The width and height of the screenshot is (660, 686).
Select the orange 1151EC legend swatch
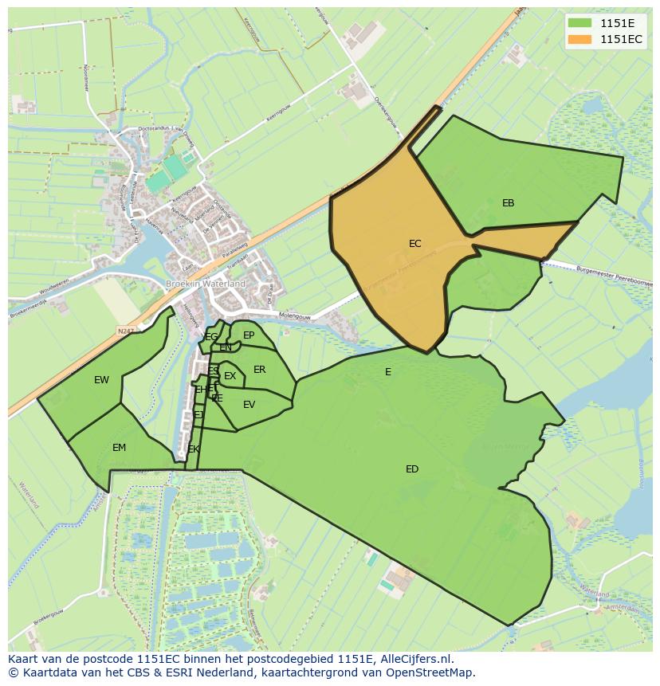tap(579, 39)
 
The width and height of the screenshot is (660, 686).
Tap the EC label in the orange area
tap(414, 244)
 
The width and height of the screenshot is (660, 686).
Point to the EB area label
tap(508, 203)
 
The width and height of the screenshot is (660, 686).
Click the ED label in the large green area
tap(411, 469)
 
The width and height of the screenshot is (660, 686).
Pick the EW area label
tap(101, 380)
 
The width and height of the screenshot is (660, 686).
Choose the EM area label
tap(119, 448)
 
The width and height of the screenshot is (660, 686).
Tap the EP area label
tap(249, 335)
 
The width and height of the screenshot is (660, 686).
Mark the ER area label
tap(259, 370)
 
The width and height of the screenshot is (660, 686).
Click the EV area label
tap(249, 405)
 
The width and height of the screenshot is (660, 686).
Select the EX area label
tap(230, 376)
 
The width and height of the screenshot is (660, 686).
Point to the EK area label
tap(194, 449)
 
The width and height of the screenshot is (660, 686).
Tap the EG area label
tap(211, 337)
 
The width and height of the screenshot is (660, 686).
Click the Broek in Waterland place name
tap(206, 284)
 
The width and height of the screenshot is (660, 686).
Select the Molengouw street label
tap(295, 316)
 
